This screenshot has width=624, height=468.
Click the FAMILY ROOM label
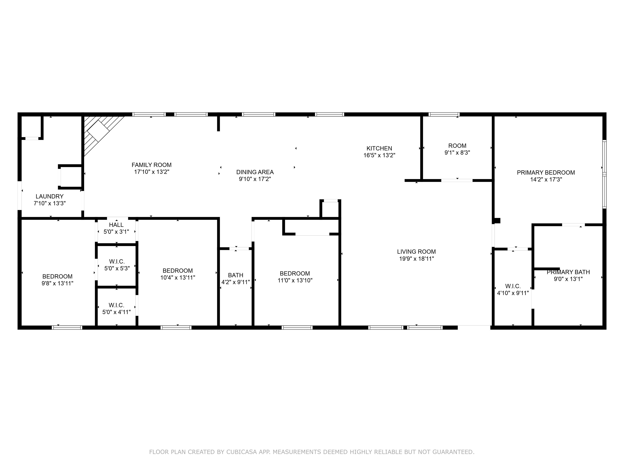(x=152, y=165)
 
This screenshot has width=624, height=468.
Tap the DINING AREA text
(x=255, y=172)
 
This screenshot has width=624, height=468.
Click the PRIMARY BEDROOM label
(x=546, y=173)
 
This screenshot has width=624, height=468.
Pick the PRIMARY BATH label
(x=568, y=272)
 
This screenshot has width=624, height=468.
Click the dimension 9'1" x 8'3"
(x=457, y=153)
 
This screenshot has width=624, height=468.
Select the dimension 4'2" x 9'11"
(x=236, y=282)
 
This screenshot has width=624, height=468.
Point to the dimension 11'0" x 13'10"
(x=295, y=280)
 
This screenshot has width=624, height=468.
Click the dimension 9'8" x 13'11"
(x=57, y=283)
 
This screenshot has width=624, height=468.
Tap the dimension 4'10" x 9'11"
(x=513, y=293)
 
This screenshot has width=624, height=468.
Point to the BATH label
(x=236, y=275)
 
